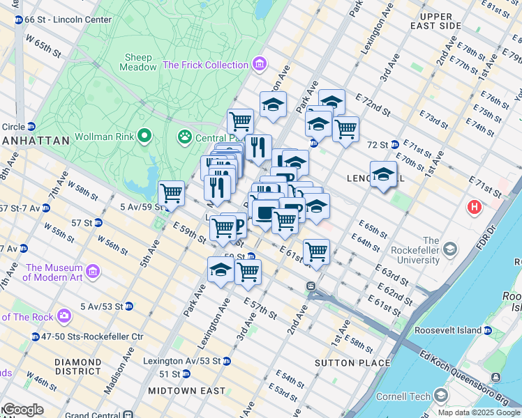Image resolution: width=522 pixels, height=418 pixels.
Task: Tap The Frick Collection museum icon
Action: (x=260, y=65)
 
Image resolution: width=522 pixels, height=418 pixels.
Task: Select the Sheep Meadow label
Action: (x=139, y=62)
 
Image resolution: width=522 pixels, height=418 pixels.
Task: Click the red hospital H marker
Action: (x=475, y=207)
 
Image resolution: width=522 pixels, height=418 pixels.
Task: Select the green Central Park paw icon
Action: (x=185, y=135)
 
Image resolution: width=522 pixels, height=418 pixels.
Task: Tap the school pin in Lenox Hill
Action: (x=383, y=174)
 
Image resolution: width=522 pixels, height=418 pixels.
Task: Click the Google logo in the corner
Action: (x=23, y=410)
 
